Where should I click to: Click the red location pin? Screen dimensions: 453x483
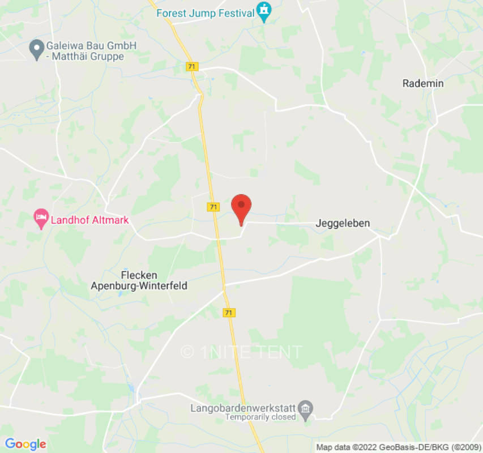coord(242,207)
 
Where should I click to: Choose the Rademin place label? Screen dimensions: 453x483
coord(422,83)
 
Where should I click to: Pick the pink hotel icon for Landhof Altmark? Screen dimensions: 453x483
coord(40,218)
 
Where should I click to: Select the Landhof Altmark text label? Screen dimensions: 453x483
coord(89,220)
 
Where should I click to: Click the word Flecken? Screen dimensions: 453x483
coord(139,275)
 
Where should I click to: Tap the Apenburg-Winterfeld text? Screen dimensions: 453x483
coord(139,286)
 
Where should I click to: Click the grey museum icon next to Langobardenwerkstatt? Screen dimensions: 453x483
coord(306,408)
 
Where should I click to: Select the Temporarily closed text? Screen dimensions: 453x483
coord(260,417)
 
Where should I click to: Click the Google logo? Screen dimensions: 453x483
coord(25,444)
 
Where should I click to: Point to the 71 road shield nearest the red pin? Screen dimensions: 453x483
coord(213,207)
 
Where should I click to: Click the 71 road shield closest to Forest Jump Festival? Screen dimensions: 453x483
coord(192,67)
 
